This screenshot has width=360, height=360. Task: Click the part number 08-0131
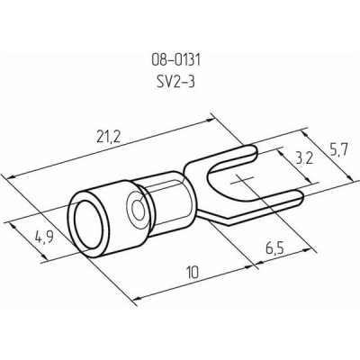pyautogui.click(x=175, y=60)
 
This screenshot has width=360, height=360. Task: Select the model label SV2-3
pyautogui.click(x=175, y=82)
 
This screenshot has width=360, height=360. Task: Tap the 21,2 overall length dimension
pyautogui.click(x=109, y=137)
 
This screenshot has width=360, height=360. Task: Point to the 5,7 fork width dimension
pyautogui.click(x=338, y=149)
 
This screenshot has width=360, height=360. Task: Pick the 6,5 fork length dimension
pyautogui.click(x=274, y=247)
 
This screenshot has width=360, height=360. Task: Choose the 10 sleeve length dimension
pyautogui.click(x=192, y=273)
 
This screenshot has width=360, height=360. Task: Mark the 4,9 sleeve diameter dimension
pyautogui.click(x=44, y=237)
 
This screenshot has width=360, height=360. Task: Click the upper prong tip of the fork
pyautogui.click(x=256, y=151)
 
